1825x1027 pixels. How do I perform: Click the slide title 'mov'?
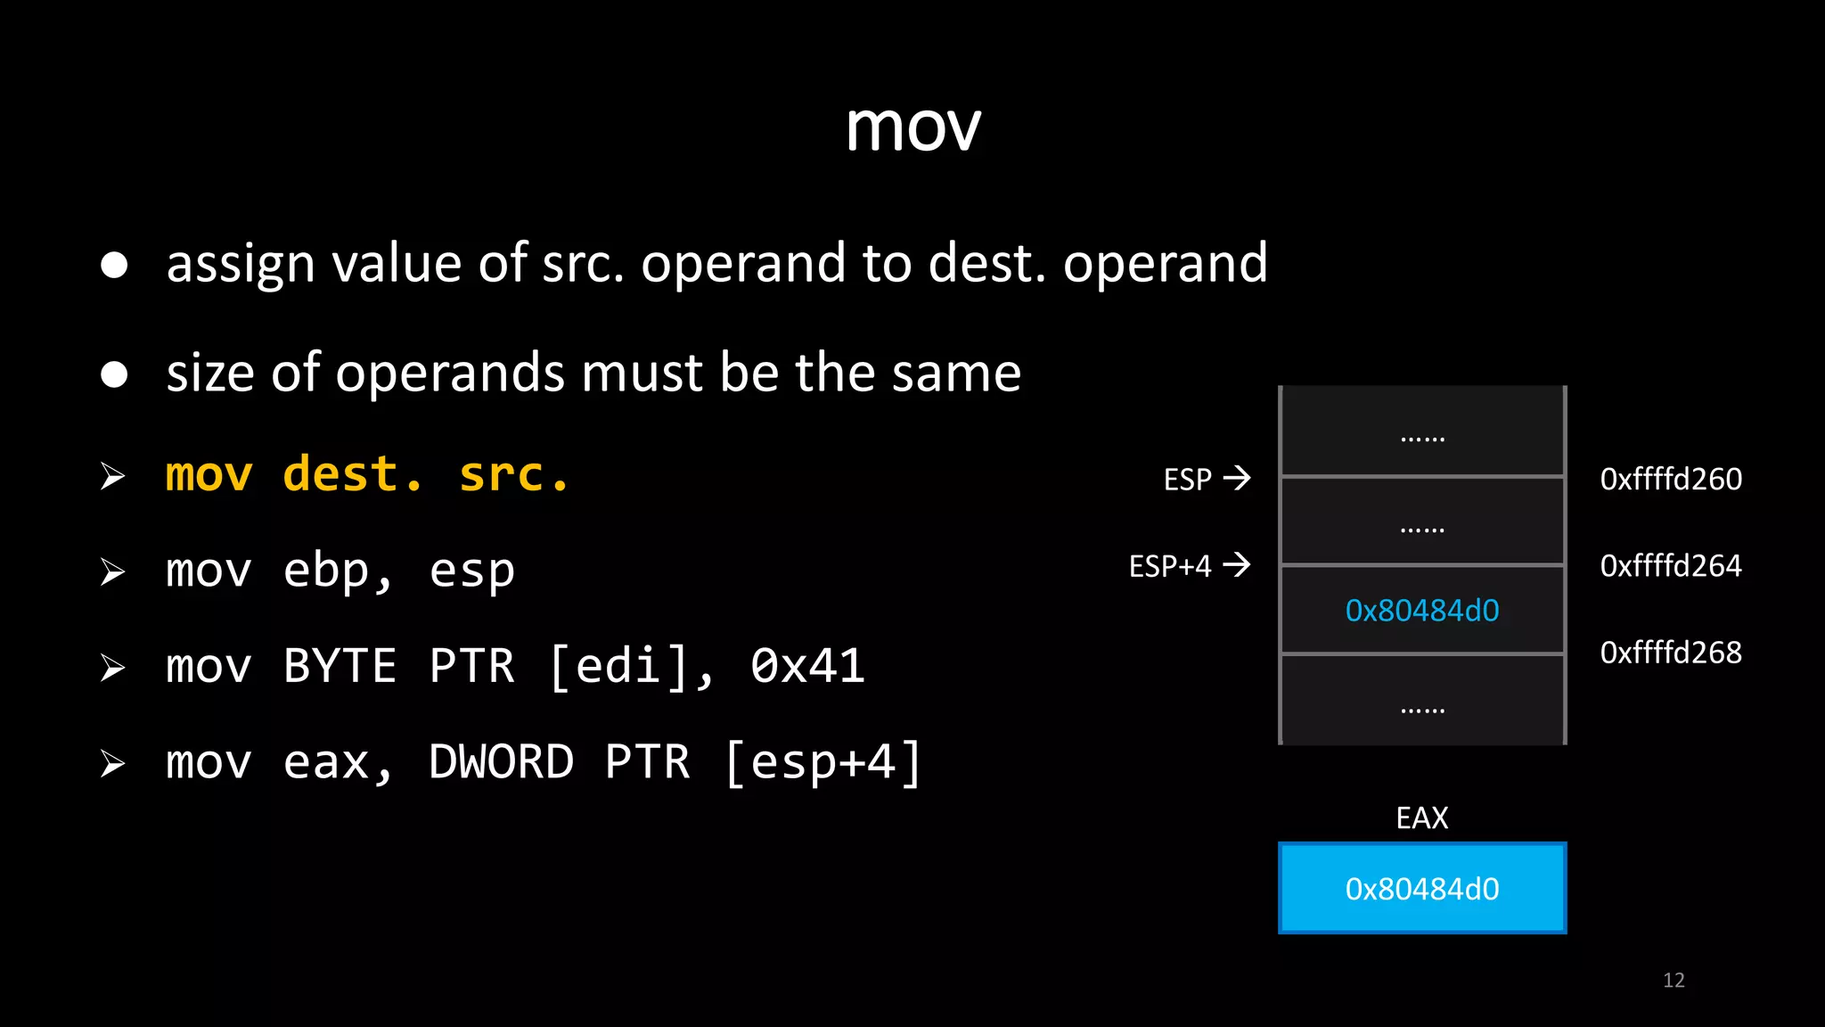point(912,127)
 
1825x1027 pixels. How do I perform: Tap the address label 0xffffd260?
point(1670,480)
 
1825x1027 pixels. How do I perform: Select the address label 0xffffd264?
point(1670,566)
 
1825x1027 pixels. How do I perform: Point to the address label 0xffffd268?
point(1670,653)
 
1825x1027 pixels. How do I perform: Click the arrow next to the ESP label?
point(1237,479)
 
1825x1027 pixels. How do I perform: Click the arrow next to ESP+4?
point(1237,565)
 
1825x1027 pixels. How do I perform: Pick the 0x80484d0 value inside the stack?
point(1421,611)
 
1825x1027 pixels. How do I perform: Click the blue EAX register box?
point(1421,889)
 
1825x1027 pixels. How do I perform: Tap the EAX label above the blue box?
point(1421,817)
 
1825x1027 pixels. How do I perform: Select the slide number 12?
point(1674,981)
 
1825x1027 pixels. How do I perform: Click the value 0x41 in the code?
point(807,666)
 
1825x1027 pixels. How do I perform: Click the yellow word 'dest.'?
point(353,474)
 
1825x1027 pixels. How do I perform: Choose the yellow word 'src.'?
point(513,474)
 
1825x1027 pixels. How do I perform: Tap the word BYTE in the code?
point(340,666)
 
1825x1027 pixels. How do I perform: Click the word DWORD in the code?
point(501,762)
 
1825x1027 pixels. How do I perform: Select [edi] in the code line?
point(618,666)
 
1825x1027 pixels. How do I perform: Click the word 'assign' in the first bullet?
point(241,265)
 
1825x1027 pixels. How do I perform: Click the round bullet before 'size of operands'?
point(114,374)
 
